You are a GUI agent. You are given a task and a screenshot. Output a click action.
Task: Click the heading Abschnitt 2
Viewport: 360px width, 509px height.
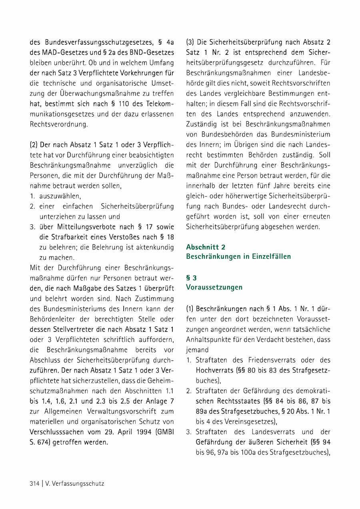coord(206,248)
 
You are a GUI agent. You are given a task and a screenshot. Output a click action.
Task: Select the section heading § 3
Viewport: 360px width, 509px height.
coord(192,278)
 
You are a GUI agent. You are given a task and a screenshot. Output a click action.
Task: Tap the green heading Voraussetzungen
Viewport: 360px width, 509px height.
coord(214,287)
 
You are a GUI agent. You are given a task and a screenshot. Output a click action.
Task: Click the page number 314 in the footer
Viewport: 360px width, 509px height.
coord(34,483)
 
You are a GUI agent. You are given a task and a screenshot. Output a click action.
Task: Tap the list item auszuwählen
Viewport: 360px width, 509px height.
coord(60,196)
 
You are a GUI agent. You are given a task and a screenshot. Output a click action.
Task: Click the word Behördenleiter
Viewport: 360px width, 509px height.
coord(53,319)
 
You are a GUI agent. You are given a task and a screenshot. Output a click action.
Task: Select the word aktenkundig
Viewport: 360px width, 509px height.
coord(154,248)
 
